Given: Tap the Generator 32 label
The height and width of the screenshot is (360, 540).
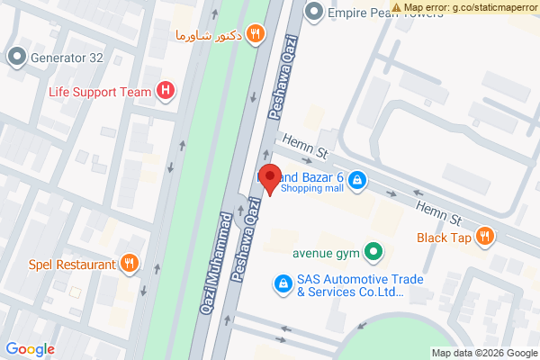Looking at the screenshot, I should (68, 58).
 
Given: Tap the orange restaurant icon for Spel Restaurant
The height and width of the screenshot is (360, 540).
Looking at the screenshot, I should (130, 264).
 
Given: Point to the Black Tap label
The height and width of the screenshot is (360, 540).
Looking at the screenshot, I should (444, 238).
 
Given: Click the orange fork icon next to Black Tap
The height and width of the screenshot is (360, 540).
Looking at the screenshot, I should (485, 238).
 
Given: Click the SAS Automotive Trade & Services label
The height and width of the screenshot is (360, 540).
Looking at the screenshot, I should (347, 285).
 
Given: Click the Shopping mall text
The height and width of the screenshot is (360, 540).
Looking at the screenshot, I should (311, 188).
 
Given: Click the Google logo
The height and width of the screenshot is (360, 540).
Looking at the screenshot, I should (30, 349).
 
